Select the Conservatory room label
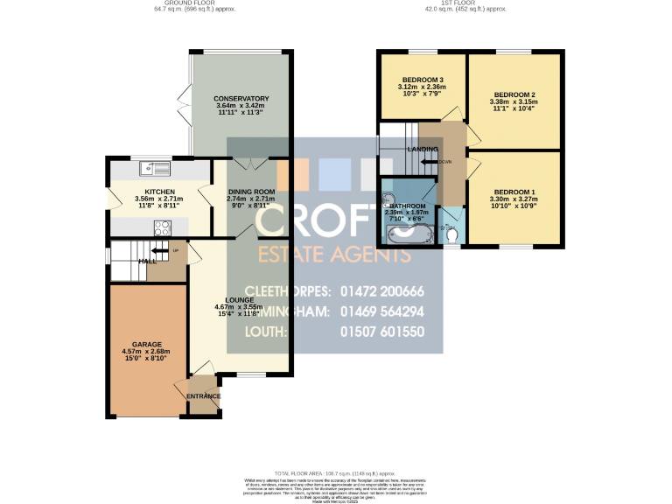(241, 99)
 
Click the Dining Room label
(251, 192)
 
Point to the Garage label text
(148, 345)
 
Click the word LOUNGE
(239, 299)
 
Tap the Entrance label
(204, 396)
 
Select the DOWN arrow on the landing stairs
(430, 162)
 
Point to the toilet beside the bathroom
(452, 234)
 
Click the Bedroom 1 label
(514, 192)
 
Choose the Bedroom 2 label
(514, 94)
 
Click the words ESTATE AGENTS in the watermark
(332, 255)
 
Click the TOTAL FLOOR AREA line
(336, 472)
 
